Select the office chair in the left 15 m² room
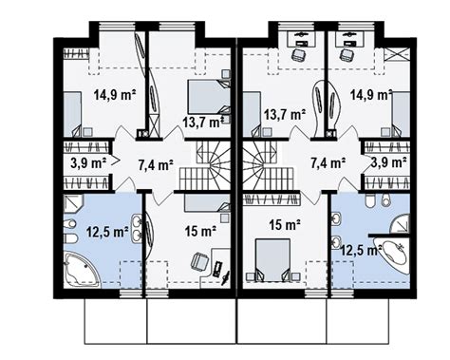coord(199,261)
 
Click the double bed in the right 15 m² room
coord(272,259)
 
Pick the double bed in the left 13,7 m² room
coord(209,97)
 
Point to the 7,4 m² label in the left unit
coord(156,164)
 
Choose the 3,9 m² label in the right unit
coord(389,162)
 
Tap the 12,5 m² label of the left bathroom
coord(107,232)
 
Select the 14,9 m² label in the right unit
coord(371,95)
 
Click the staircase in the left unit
coord(206,166)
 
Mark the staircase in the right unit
coord(269,166)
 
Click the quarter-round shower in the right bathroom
coord(400,224)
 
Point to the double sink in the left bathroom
coord(138,228)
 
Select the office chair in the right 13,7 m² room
coord(299,55)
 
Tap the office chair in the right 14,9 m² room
coord(347,55)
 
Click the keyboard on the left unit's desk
coord(218,268)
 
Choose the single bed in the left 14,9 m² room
coord(72,114)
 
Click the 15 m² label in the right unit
coord(285,225)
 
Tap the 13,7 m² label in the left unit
coord(204,123)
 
